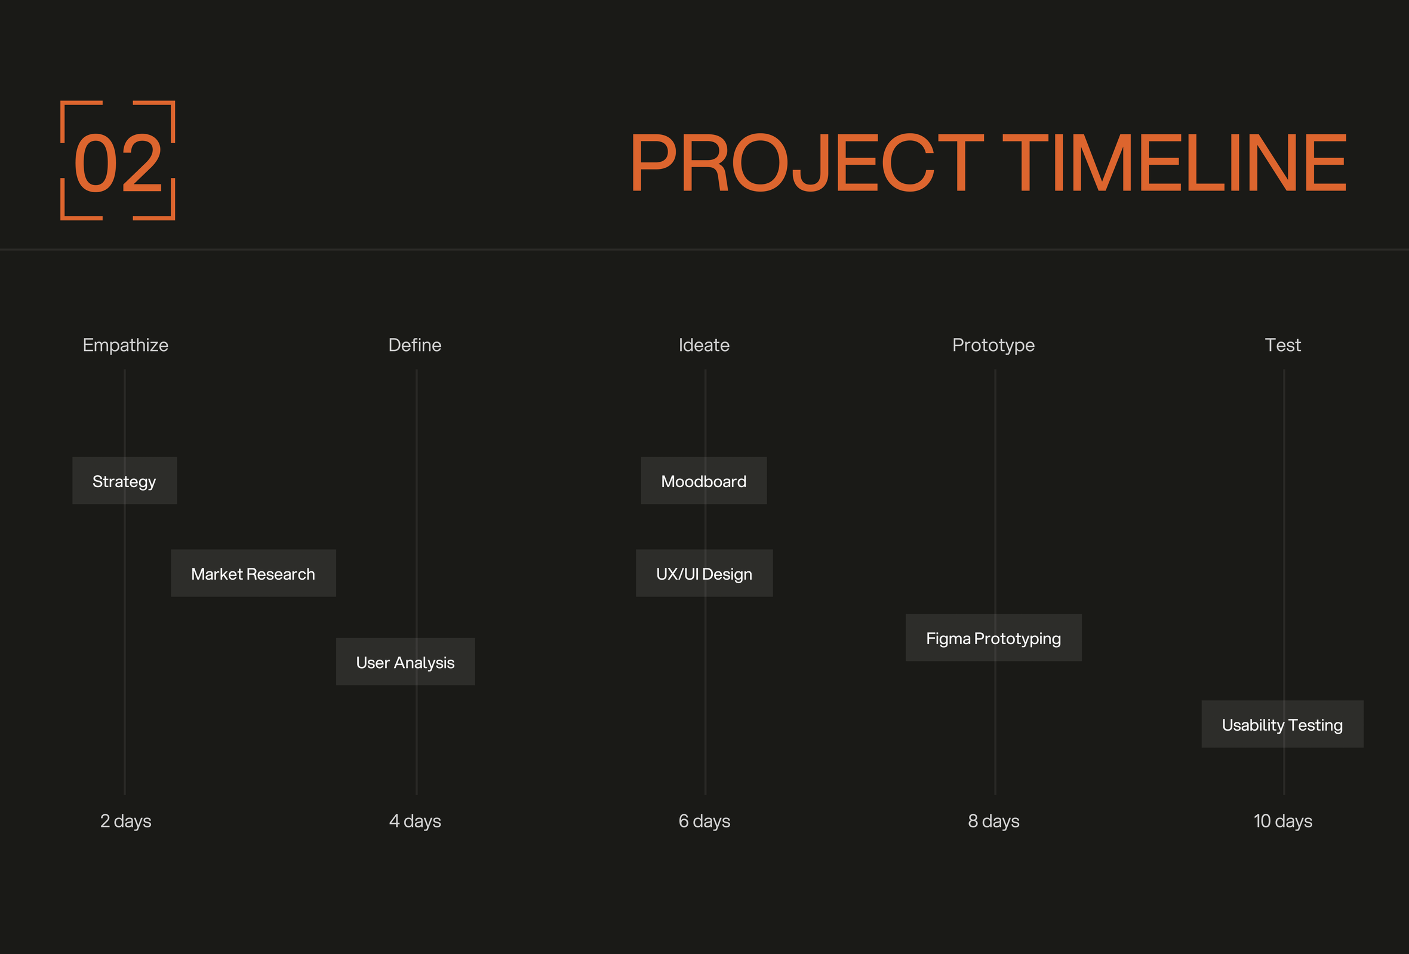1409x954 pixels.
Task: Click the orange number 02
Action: pyautogui.click(x=118, y=163)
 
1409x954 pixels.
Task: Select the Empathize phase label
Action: pyautogui.click(x=125, y=346)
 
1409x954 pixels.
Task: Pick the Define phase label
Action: pyautogui.click(x=415, y=346)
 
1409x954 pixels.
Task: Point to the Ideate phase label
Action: pyautogui.click(x=704, y=346)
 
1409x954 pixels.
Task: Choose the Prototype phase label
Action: pyautogui.click(x=993, y=346)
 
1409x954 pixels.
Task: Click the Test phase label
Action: pyautogui.click(x=1283, y=346)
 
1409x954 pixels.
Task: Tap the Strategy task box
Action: pyautogui.click(x=125, y=481)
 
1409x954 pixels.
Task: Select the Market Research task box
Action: pyautogui.click(x=253, y=573)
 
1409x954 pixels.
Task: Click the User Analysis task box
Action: pyautogui.click(x=405, y=662)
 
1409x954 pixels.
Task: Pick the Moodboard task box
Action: pyautogui.click(x=704, y=481)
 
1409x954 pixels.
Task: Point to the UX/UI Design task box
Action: pyautogui.click(x=705, y=573)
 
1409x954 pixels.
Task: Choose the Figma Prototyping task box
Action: pyautogui.click(x=993, y=638)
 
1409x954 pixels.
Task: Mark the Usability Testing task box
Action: pyautogui.click(x=1283, y=724)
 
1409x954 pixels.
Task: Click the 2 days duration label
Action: pyautogui.click(x=125, y=821)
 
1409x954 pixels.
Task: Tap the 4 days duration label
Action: pyautogui.click(x=416, y=821)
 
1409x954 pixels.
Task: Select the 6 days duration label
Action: pyautogui.click(x=705, y=821)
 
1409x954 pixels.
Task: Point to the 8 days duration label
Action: pyautogui.click(x=993, y=821)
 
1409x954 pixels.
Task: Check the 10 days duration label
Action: pyautogui.click(x=1283, y=821)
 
